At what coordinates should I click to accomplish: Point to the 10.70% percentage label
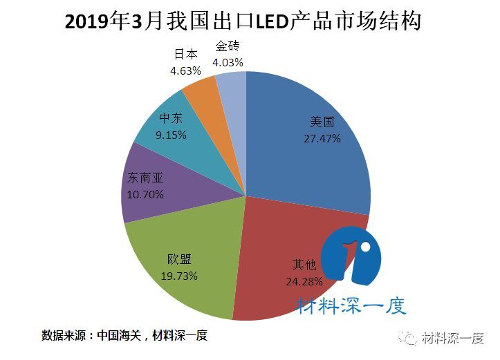(145, 194)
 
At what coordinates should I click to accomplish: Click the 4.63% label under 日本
(185, 70)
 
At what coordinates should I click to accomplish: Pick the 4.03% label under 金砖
(228, 63)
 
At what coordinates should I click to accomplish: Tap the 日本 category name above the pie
(185, 54)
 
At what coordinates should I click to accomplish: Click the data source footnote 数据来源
(124, 336)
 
